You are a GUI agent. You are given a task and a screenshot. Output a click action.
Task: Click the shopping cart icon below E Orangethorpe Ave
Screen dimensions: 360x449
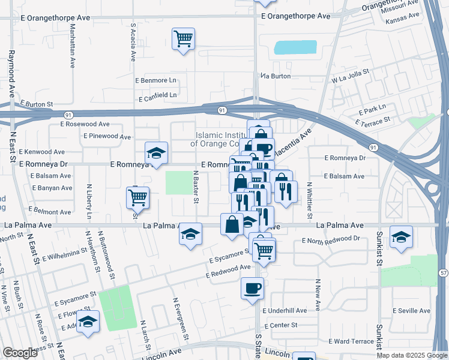tap(183, 39)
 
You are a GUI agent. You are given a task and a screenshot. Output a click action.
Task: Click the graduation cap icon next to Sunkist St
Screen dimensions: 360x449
tap(401, 236)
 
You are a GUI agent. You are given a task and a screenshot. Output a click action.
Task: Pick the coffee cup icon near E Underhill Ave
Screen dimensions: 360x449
tap(252, 287)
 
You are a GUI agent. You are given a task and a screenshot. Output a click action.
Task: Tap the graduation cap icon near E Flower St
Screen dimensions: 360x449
tap(88, 322)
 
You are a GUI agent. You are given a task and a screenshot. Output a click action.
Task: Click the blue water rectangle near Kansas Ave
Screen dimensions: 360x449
tap(295, 47)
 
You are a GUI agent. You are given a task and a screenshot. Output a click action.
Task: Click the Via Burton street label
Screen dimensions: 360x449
tap(276, 76)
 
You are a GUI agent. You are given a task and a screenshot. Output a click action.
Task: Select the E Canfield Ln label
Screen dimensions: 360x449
tap(158, 95)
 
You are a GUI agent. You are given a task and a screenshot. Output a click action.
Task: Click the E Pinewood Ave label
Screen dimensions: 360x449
tap(108, 137)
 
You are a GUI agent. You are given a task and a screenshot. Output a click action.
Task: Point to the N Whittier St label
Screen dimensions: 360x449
tap(310, 200)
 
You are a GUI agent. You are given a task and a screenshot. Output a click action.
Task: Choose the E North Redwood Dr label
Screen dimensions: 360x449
tap(331, 239)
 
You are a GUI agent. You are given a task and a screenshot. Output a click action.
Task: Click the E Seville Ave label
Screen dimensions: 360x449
tap(411, 311)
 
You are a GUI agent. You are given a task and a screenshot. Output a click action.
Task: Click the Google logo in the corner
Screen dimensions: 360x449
tap(20, 353)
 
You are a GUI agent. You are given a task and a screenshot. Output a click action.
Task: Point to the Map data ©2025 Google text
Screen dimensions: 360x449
tap(411, 355)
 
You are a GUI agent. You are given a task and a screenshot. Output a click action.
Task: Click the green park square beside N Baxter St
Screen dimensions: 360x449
tap(177, 182)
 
